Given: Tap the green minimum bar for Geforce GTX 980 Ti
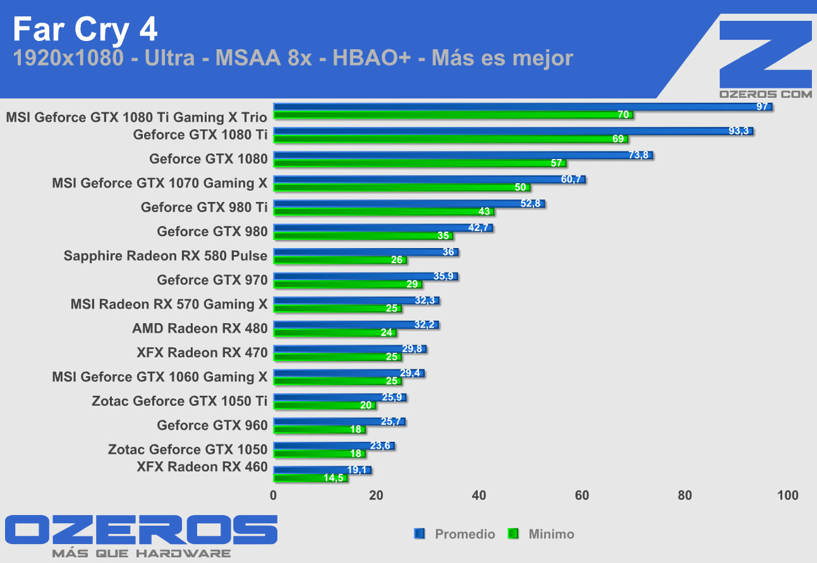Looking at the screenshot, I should tap(383, 211).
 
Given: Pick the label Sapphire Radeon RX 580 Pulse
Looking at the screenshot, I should tap(166, 256).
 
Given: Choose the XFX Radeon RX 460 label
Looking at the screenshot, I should tap(202, 467).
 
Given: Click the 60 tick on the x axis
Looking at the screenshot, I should tap(582, 495).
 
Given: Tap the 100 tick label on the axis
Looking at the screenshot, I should tap(787, 495).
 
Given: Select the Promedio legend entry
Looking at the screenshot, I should tap(464, 534).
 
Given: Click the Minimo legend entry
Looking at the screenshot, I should tap(551, 534).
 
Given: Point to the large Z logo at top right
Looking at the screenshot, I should tap(765, 53).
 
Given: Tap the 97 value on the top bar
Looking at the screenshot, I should tap(762, 106).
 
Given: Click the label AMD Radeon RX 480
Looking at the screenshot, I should tap(200, 328).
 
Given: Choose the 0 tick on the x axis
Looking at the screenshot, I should tap(274, 495).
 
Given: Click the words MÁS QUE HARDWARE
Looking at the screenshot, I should tap(142, 554).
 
